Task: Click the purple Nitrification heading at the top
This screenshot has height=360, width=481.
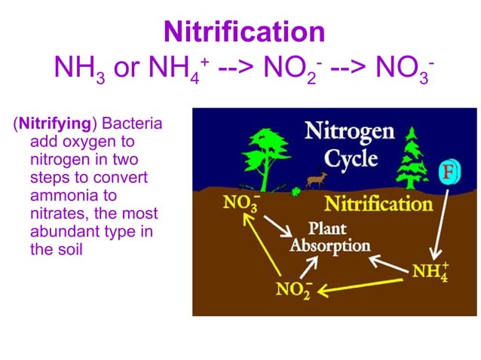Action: [244, 32]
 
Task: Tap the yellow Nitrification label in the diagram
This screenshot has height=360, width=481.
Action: [378, 204]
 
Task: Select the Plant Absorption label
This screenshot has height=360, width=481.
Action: [331, 238]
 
